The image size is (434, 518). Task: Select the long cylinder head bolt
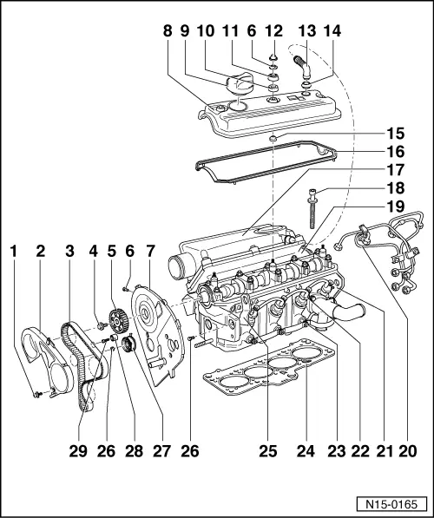coord(312,213)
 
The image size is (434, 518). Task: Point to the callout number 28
coord(133,451)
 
